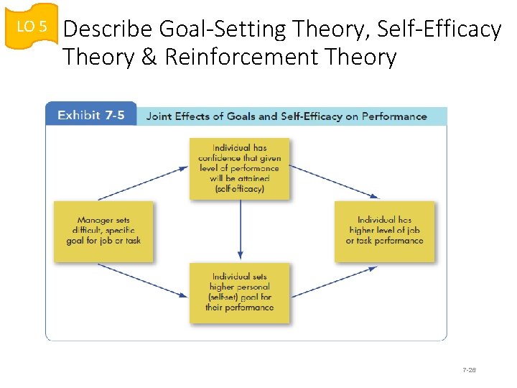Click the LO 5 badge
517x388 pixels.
[31, 27]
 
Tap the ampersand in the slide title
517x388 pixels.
[149, 57]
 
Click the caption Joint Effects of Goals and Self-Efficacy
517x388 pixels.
[286, 116]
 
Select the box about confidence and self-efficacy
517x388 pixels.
[240, 168]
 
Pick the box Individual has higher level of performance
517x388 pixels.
[384, 231]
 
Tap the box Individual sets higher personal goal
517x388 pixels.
[240, 292]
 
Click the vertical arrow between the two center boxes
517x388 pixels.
[240, 230]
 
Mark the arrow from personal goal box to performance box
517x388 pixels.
[334, 281]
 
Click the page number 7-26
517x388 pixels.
[469, 370]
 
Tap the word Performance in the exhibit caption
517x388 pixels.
[393, 116]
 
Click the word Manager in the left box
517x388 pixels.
[94, 221]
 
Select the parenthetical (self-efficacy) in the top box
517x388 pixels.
[240, 189]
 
